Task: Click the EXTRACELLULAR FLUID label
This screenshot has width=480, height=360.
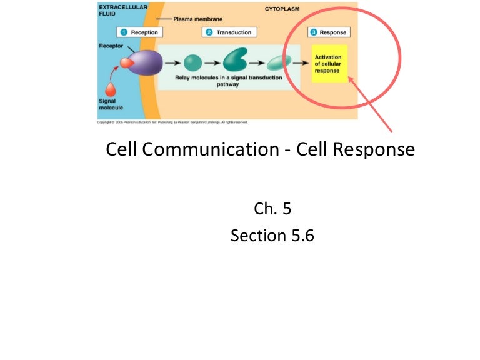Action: [122, 10]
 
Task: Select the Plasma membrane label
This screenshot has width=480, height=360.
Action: [198, 19]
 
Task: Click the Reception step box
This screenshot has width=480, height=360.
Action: [139, 32]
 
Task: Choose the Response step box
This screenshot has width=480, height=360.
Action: [329, 32]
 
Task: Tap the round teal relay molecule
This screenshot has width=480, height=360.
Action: [193, 62]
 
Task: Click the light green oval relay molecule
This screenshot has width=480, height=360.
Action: [275, 62]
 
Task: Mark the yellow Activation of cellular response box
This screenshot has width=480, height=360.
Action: [328, 64]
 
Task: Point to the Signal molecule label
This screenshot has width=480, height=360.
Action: [111, 104]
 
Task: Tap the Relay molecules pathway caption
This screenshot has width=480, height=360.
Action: [228, 81]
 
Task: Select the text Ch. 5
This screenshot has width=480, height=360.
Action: [272, 209]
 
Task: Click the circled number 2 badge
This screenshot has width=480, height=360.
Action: [209, 32]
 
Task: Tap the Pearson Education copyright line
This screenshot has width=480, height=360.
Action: [172, 122]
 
